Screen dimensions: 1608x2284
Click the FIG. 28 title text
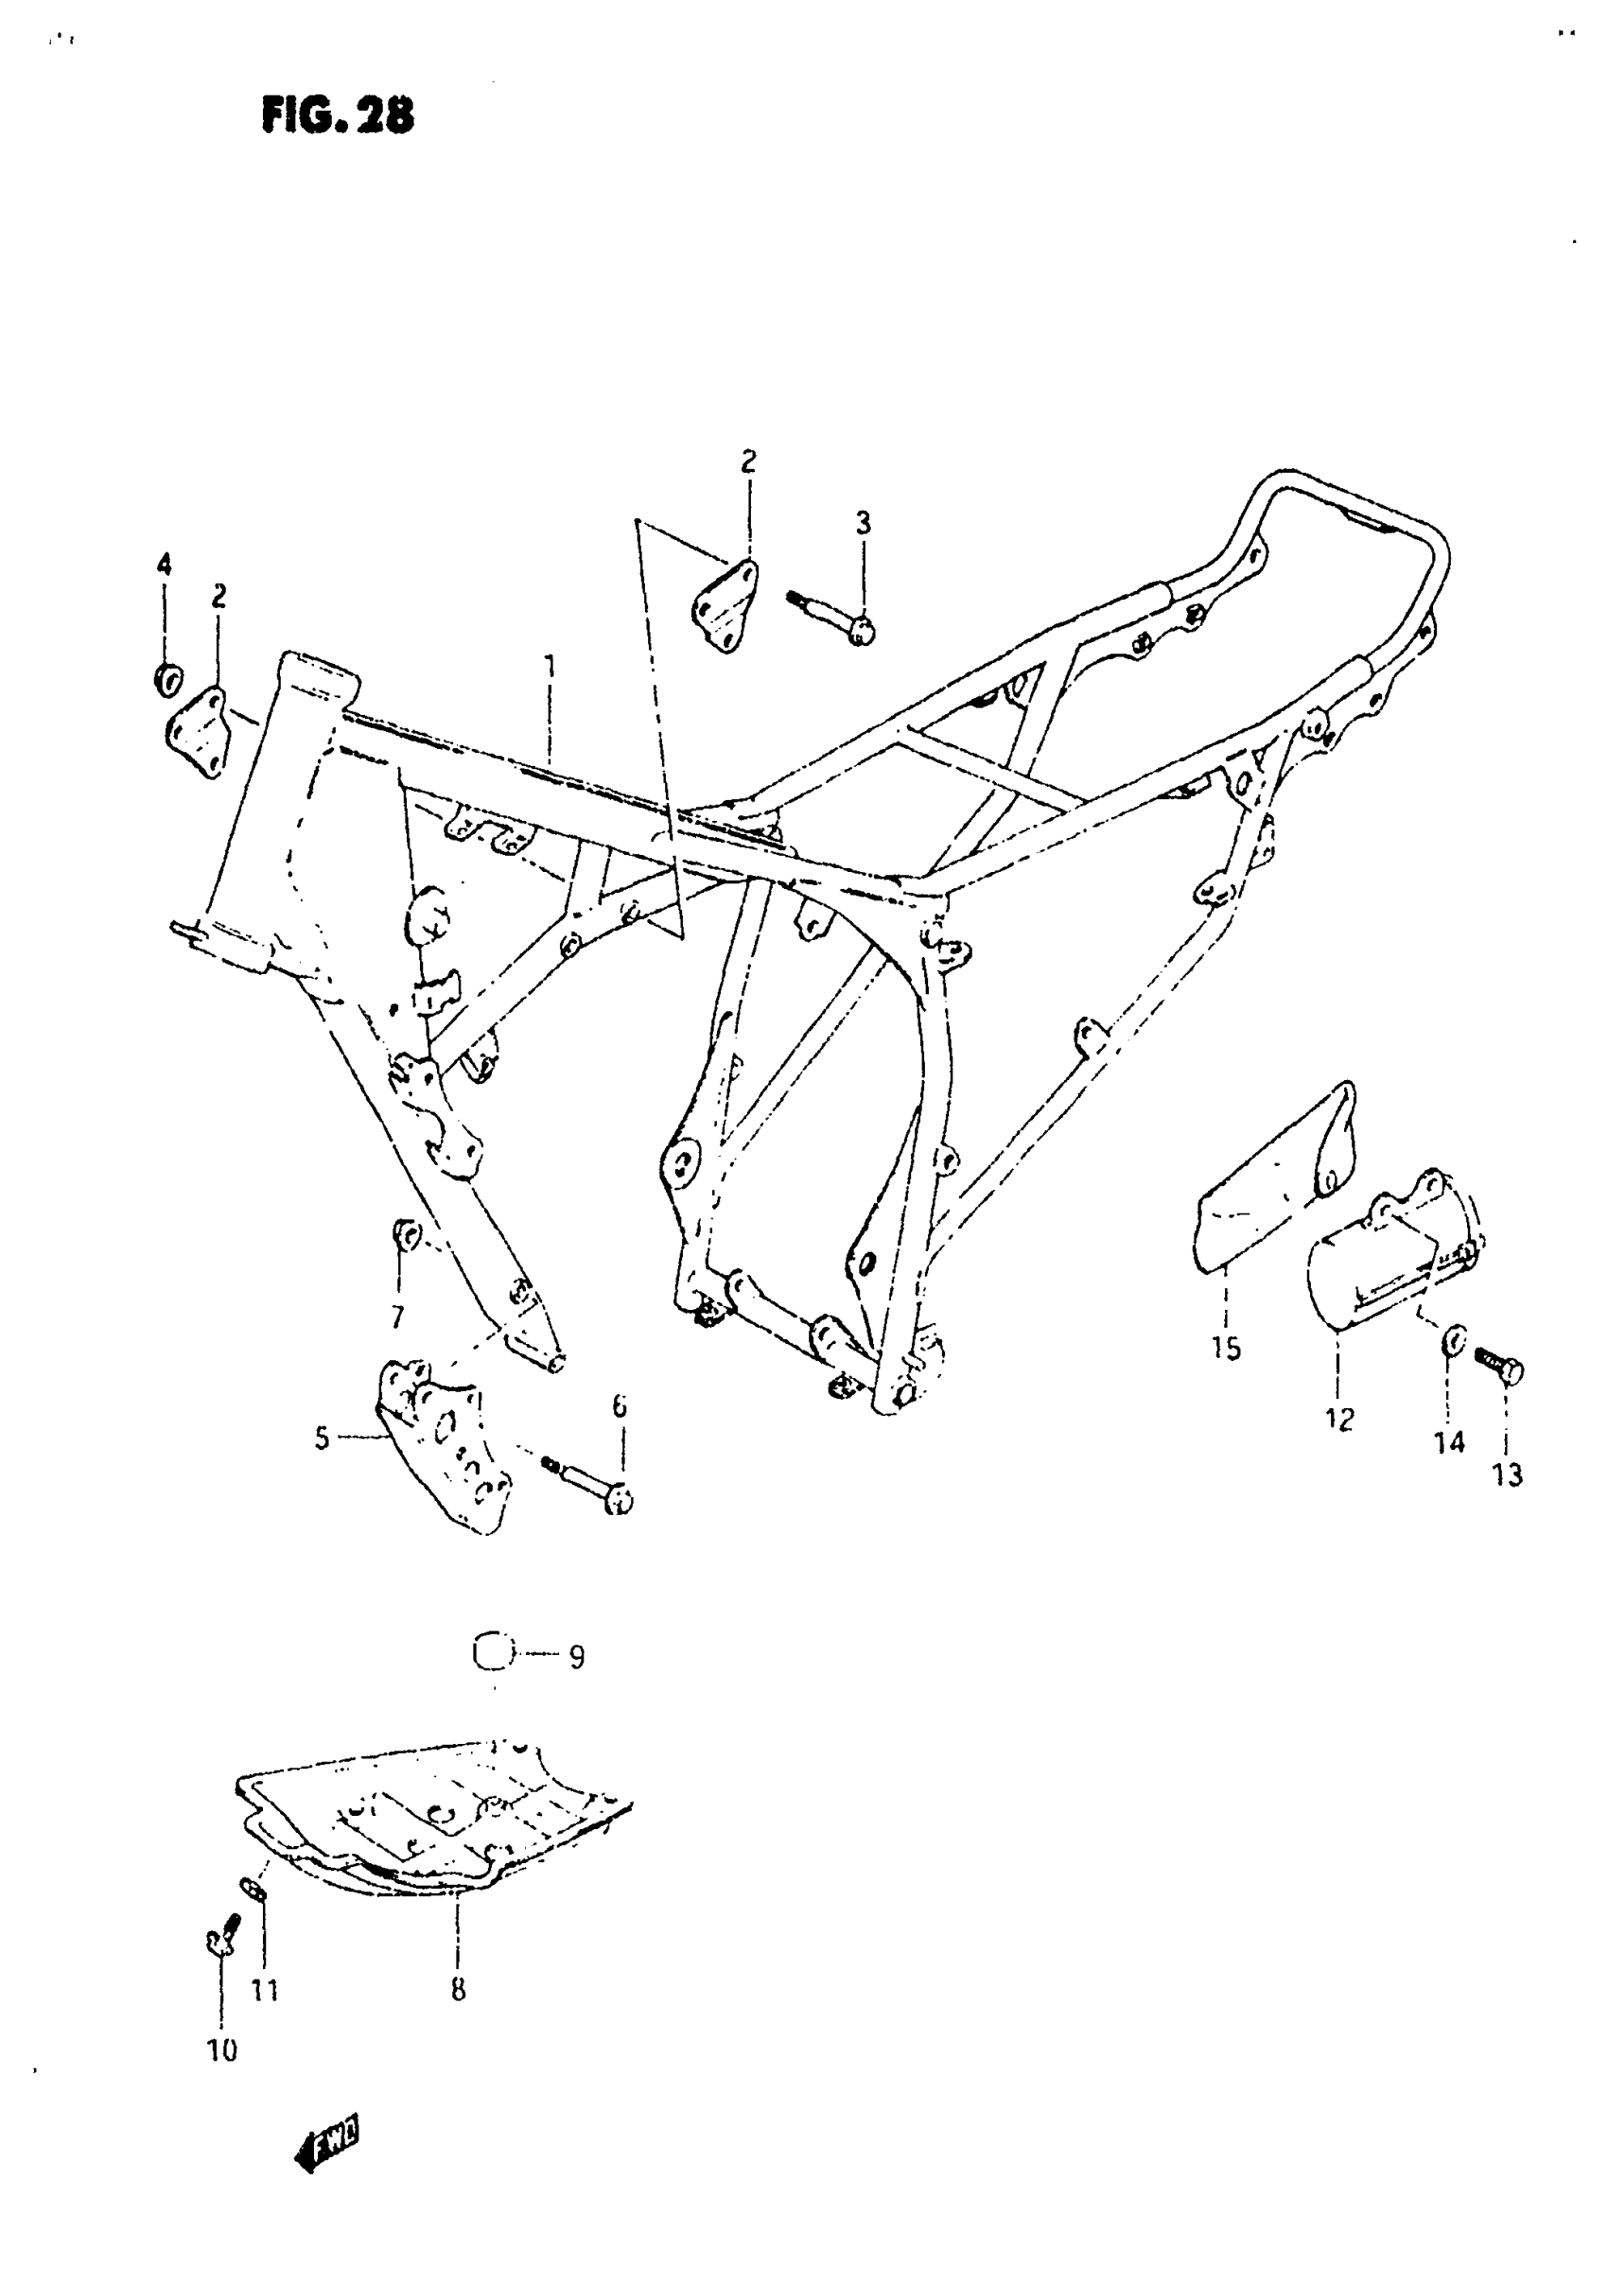(338, 116)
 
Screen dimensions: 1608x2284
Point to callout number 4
(165, 565)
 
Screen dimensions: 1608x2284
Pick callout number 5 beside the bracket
(322, 1438)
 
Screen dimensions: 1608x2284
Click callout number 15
(1226, 1349)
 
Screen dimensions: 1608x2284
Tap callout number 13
(1508, 1475)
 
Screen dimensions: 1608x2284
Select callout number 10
(222, 2050)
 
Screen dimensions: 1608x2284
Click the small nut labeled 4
(168, 679)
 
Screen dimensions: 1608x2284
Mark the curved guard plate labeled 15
(1274, 1174)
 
